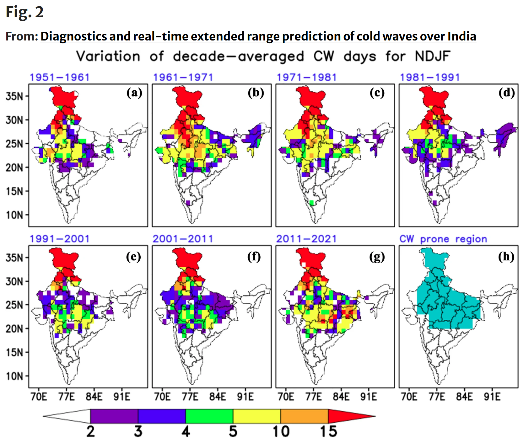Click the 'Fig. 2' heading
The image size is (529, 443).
pyautogui.click(x=24, y=13)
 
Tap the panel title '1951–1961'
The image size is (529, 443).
pyautogui.click(x=60, y=77)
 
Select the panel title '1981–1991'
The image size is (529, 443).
pyautogui.click(x=430, y=77)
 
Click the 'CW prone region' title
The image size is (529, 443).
pyautogui.click(x=443, y=239)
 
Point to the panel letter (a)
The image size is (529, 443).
pyautogui.click(x=134, y=93)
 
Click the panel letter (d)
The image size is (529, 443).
pyautogui.click(x=506, y=93)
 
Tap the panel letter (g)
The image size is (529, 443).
pyautogui.click(x=377, y=257)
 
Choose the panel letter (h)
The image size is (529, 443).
pyautogui.click(x=506, y=257)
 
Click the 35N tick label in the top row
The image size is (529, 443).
pyautogui.click(x=14, y=96)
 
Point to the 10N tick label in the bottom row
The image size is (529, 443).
pyautogui.click(x=14, y=376)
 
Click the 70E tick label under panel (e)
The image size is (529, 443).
pyautogui.click(x=39, y=397)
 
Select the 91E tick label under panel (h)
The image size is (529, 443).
pyautogui.click(x=492, y=397)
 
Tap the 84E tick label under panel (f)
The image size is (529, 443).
pyautogui.click(x=218, y=397)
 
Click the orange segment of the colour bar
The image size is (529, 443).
pyautogui.click(x=304, y=416)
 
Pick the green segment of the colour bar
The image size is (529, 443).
pyautogui.click(x=209, y=416)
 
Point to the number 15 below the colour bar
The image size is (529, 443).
pyautogui.click(x=328, y=432)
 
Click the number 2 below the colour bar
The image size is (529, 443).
pyautogui.click(x=90, y=432)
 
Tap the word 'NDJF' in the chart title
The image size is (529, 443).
pyautogui.click(x=433, y=57)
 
